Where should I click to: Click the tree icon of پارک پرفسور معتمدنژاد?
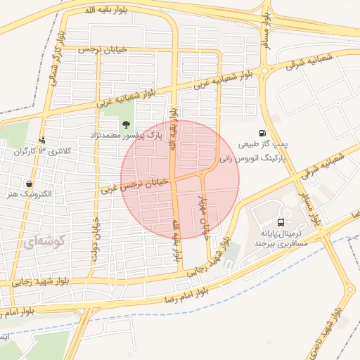point(125,125)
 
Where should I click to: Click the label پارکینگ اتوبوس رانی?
point(254,160)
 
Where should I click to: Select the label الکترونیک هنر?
point(29,195)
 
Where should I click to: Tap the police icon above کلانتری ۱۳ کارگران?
point(43,140)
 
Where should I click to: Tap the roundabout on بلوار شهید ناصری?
point(348,290)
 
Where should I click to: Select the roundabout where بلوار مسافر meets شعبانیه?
point(265,70)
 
